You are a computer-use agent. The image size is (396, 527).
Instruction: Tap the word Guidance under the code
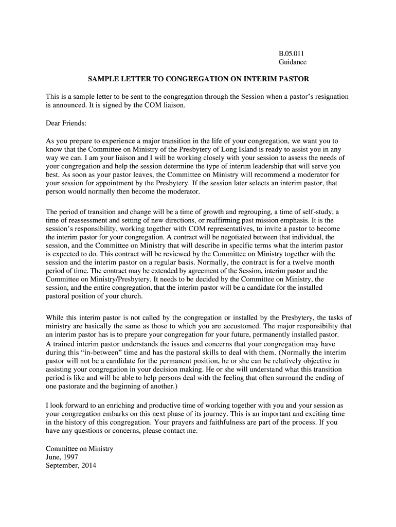coord(293,62)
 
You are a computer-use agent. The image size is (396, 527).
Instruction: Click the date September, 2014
coord(71,466)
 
